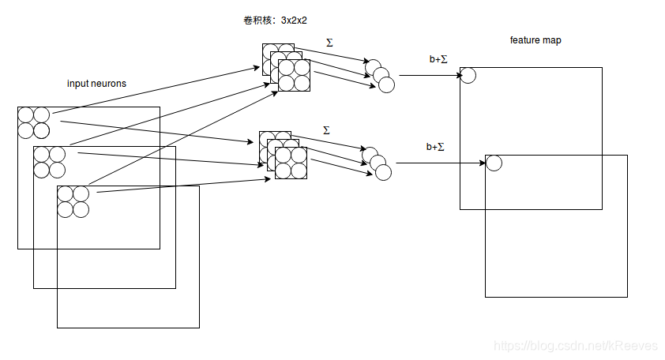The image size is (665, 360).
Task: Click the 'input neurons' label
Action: pos(96,84)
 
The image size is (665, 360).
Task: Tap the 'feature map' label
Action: pos(535,40)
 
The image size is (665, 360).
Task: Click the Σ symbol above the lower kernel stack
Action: pos(326,129)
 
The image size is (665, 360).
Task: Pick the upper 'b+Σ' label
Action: pos(438,59)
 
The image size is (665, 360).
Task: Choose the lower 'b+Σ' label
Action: pos(435,146)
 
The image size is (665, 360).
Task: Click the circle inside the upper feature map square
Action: pos(468,75)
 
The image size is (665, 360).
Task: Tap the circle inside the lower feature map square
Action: pos(494,163)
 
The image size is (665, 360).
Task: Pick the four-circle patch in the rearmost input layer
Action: pos(33,122)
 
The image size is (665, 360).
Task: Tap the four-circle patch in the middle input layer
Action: pos(49,162)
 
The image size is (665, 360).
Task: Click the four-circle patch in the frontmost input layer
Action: pos(73,201)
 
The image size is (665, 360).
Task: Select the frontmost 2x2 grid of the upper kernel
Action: pos(294,75)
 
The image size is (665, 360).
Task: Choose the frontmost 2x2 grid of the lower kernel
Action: pos(291,163)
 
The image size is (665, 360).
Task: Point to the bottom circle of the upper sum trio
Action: pos(385,84)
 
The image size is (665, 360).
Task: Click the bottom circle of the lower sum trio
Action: pos(384,172)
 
